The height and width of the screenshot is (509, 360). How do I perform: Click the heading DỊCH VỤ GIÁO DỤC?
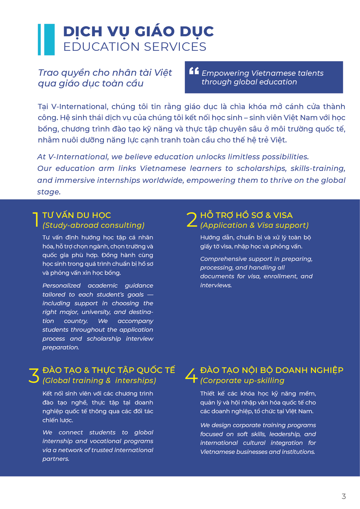(138, 31)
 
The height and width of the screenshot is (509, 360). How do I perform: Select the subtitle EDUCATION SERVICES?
(135, 47)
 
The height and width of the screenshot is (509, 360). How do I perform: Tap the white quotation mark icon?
(194, 71)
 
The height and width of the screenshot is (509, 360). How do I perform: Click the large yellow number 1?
(36, 219)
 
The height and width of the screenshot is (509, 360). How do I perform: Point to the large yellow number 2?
(192, 219)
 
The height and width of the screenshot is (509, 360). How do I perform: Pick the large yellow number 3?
(34, 376)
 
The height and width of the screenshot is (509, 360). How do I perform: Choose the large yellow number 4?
(191, 376)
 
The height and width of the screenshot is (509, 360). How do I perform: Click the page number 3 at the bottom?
(344, 496)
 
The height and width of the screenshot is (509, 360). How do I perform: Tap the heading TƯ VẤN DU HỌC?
(77, 215)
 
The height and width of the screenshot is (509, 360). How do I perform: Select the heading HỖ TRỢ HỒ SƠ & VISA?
(246, 215)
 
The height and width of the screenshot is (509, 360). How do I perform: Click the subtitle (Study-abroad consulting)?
(93, 225)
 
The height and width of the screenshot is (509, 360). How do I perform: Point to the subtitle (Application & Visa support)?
(254, 225)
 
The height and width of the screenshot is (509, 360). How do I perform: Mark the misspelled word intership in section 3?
(135, 380)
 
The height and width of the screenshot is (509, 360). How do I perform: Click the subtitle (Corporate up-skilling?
(242, 380)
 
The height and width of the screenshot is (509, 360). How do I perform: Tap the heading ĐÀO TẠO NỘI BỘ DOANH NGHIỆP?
(272, 370)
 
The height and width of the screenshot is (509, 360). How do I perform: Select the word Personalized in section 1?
(61, 286)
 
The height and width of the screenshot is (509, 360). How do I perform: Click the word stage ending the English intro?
(48, 192)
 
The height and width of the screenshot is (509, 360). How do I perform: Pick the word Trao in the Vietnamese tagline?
(48, 73)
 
